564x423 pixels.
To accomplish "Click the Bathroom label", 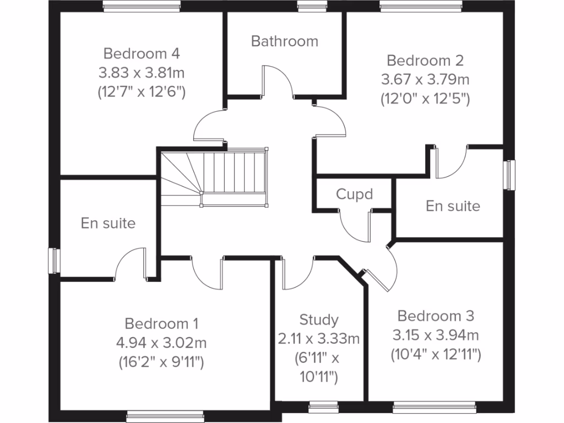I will [x=284, y=41].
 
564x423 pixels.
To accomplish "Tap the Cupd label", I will [x=354, y=194].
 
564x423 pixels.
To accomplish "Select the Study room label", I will [x=319, y=319].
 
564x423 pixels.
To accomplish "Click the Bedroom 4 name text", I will [x=142, y=53].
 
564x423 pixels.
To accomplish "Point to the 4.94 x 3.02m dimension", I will [x=161, y=343].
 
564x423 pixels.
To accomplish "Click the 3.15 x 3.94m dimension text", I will [x=436, y=335].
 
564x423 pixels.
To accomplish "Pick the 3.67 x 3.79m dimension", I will [x=425, y=79].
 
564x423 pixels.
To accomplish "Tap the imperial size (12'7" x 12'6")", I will [x=142, y=91].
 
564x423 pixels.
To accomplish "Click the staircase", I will [x=215, y=177].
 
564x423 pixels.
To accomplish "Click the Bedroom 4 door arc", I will [x=209, y=124].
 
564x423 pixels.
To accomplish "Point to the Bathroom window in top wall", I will [x=305, y=6].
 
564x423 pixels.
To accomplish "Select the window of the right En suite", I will [x=511, y=175].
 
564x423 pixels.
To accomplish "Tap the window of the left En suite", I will [x=53, y=260].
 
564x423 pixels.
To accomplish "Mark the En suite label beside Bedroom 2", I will [x=453, y=206].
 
